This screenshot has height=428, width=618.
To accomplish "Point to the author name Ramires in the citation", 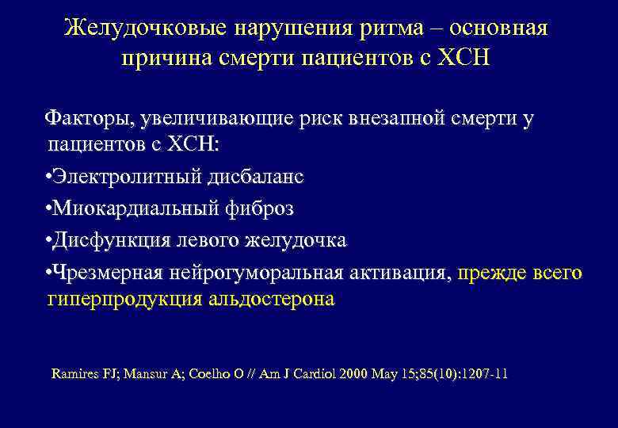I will [76, 373].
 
